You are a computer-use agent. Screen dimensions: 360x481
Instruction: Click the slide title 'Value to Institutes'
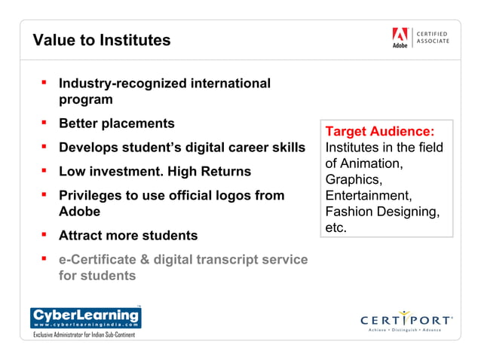tap(102, 40)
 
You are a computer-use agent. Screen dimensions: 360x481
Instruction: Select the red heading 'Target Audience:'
tap(378, 132)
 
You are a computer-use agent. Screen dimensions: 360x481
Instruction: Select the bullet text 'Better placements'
tap(116, 124)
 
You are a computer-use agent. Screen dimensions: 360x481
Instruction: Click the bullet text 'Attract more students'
tap(128, 236)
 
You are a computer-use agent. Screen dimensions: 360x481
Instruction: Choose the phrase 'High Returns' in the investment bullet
tap(213, 172)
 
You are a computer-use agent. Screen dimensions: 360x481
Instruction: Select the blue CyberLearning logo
tap(85, 316)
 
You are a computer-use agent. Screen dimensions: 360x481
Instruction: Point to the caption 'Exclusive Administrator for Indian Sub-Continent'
tap(83, 334)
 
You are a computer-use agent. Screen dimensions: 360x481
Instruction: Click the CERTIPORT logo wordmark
tap(406, 319)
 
